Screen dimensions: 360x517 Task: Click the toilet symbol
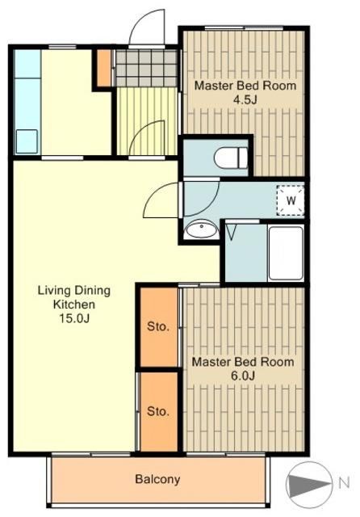pyautogui.click(x=230, y=158)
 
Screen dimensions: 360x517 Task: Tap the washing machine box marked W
pyautogui.click(x=291, y=200)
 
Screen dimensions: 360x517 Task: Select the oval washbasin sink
pyautogui.click(x=201, y=229)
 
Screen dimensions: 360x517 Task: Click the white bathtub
pyautogui.click(x=286, y=253)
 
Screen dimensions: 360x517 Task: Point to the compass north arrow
pyautogui.click(x=308, y=484)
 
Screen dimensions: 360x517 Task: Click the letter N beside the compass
pyautogui.click(x=344, y=483)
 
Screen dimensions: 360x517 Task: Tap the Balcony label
pyautogui.click(x=157, y=479)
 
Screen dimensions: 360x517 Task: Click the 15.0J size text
pyautogui.click(x=74, y=318)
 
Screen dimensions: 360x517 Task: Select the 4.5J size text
pyautogui.click(x=245, y=99)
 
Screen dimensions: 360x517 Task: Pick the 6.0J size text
pyautogui.click(x=243, y=376)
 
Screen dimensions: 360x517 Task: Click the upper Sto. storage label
pyautogui.click(x=158, y=326)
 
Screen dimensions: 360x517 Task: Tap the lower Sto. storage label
pyautogui.click(x=158, y=411)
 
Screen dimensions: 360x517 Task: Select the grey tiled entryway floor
pyautogui.click(x=147, y=68)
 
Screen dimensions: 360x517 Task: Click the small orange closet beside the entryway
pyautogui.click(x=104, y=68)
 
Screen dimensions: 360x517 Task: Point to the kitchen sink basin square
pyautogui.click(x=27, y=141)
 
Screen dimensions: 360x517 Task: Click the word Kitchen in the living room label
pyautogui.click(x=74, y=305)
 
